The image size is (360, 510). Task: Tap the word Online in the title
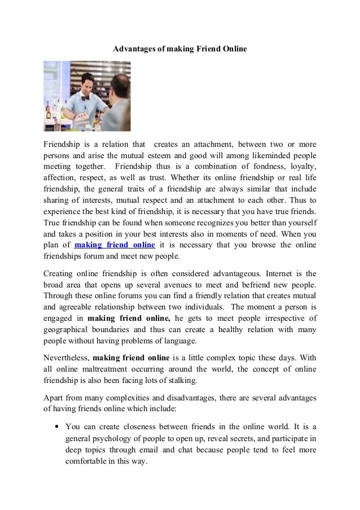(x=232, y=50)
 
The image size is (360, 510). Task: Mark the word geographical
(x=69, y=330)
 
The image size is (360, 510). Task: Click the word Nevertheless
(x=66, y=358)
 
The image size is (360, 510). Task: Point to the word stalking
(x=181, y=381)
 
